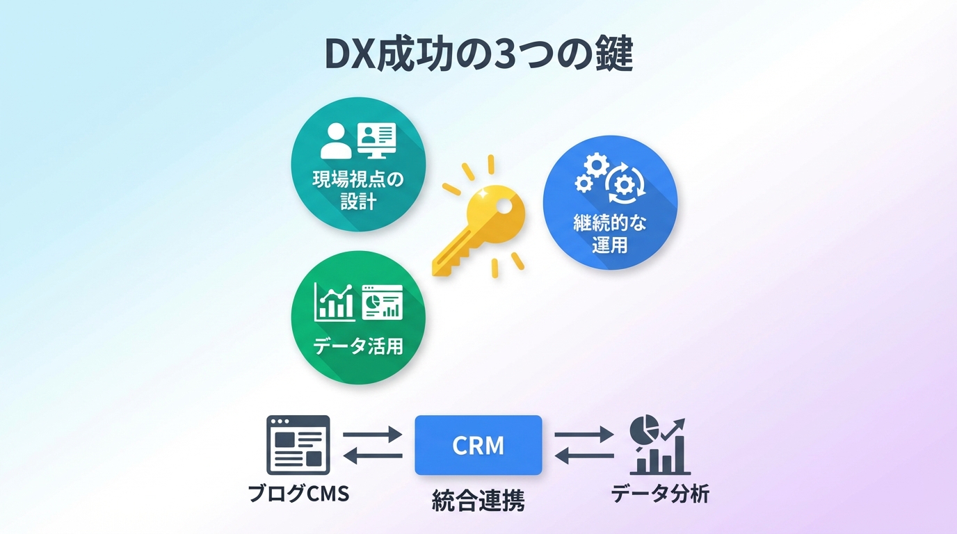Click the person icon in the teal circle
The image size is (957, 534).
(x=336, y=140)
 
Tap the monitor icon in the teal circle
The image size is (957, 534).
(x=376, y=139)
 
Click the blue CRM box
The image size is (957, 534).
(x=478, y=445)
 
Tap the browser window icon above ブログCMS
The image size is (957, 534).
(x=298, y=445)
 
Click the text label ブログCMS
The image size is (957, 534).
(x=298, y=494)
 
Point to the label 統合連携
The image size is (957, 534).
(x=478, y=500)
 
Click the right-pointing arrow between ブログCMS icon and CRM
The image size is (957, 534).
(x=373, y=435)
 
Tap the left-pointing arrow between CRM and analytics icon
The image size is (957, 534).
(x=584, y=456)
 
